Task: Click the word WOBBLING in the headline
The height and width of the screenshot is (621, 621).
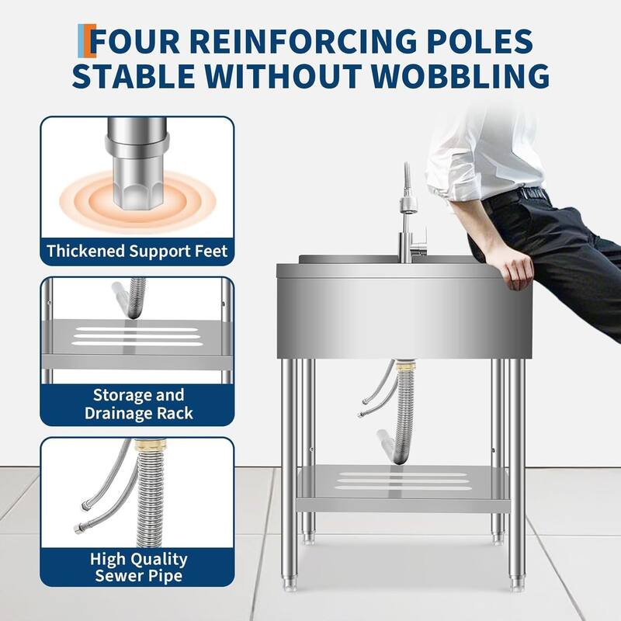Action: tap(460, 75)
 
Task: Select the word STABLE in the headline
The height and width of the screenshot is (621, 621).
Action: tap(134, 75)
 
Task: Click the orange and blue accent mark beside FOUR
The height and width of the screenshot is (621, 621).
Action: tap(87, 40)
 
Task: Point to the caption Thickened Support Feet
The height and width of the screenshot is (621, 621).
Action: tap(137, 251)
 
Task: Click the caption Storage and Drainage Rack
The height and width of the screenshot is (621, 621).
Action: tap(139, 404)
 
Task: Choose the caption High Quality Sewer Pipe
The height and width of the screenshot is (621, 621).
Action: tap(139, 567)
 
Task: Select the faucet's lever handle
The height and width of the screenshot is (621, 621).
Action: tap(419, 242)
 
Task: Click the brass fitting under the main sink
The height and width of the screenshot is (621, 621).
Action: tap(404, 365)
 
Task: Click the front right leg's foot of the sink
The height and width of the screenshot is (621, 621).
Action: tap(515, 583)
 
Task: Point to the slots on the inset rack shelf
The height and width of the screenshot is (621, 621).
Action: tap(137, 336)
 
